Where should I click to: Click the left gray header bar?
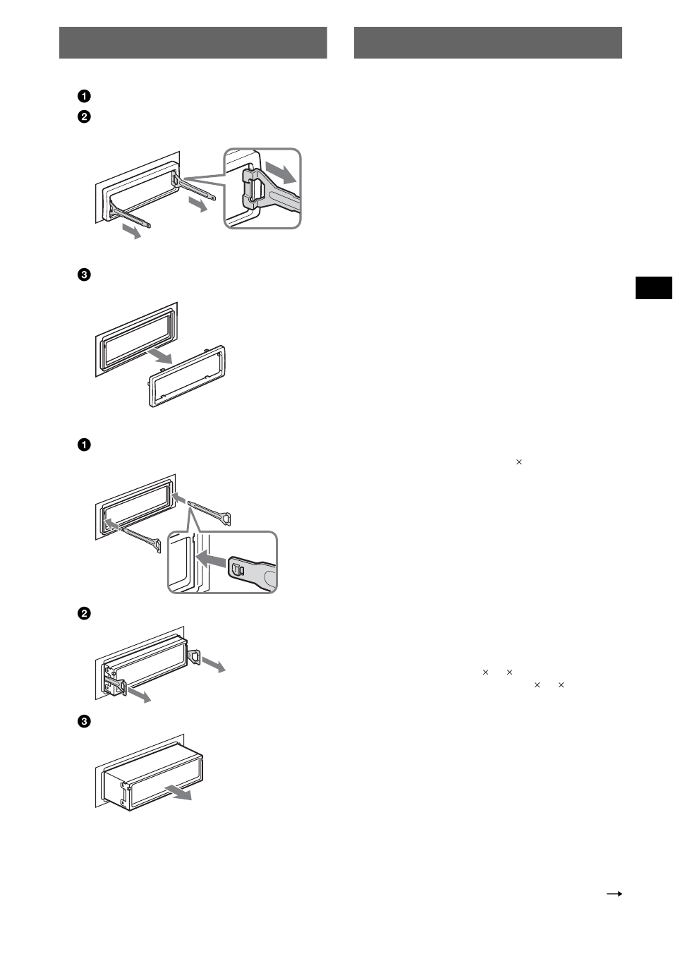(x=193, y=42)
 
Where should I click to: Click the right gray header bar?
(x=487, y=42)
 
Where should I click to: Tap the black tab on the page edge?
(x=654, y=289)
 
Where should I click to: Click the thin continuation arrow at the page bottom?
(x=614, y=893)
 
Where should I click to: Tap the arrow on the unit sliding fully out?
(x=178, y=790)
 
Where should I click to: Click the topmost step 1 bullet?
(x=84, y=96)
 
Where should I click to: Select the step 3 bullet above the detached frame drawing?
(x=84, y=274)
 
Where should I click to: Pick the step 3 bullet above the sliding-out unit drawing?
(x=84, y=722)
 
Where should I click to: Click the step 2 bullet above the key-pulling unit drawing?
(x=84, y=613)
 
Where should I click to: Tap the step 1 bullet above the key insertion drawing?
(x=84, y=445)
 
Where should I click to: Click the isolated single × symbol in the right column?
(x=519, y=462)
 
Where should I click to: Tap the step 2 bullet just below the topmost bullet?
(x=84, y=116)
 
